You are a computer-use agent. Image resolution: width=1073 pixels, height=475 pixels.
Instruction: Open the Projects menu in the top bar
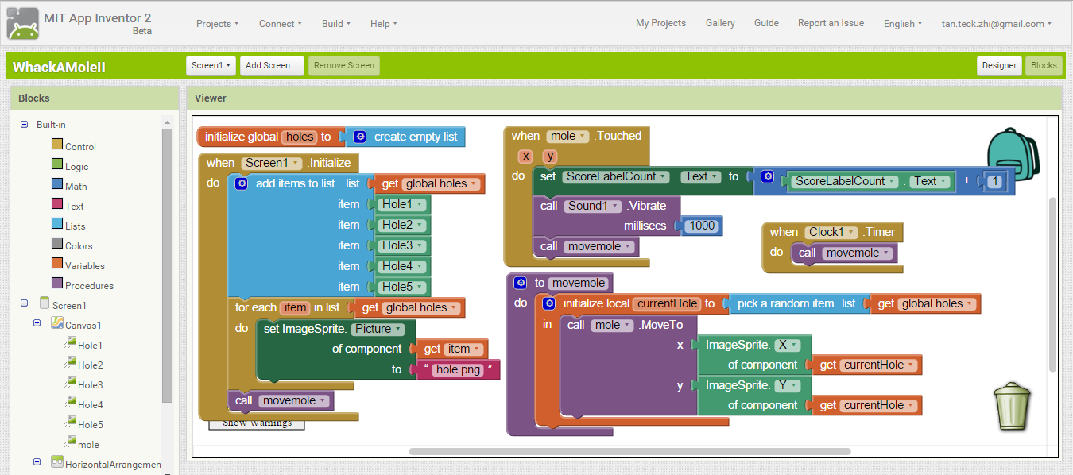pos(217,24)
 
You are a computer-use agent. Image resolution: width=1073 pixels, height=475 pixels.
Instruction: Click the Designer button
pos(999,66)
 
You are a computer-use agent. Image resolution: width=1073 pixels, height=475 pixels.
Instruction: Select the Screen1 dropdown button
pos(211,66)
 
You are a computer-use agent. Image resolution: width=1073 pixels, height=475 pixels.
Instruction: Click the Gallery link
pos(720,23)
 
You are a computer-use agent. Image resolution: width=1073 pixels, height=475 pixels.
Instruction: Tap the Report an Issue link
pos(831,23)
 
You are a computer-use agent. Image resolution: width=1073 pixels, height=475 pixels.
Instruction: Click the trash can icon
pos(1012,406)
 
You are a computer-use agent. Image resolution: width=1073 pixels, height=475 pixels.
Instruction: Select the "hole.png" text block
pos(458,369)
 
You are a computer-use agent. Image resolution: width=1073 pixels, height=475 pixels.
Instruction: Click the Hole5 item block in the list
pos(401,287)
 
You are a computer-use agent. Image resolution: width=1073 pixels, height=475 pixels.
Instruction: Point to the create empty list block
pos(405,137)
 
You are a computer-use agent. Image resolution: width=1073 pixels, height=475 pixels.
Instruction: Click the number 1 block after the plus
pos(994,181)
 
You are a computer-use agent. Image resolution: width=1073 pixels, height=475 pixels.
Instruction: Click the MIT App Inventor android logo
pos(22,24)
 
